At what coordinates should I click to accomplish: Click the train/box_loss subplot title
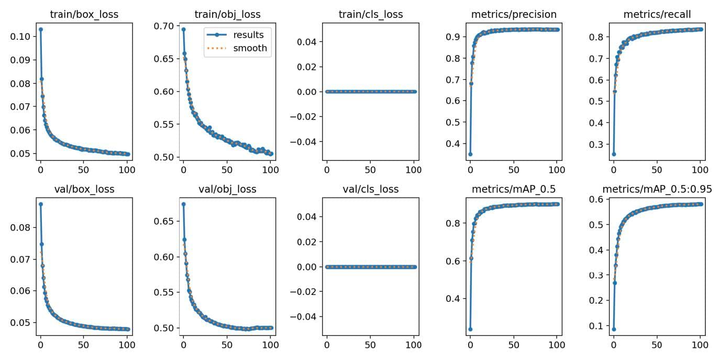point(84,15)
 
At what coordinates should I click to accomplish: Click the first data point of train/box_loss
point(41,29)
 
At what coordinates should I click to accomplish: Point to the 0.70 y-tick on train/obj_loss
point(164,26)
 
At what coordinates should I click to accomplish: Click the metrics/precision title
point(514,15)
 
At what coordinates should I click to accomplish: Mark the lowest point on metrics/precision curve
point(470,154)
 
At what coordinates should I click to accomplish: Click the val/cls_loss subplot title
point(371,190)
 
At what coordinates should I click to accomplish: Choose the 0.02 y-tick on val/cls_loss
point(307,242)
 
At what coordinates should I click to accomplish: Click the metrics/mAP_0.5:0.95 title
point(657,190)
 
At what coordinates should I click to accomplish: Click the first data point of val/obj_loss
point(183,204)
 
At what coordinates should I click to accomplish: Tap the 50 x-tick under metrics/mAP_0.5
point(514,345)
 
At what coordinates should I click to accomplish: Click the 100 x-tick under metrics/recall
point(700,170)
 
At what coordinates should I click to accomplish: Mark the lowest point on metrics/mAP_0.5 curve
point(470,329)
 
